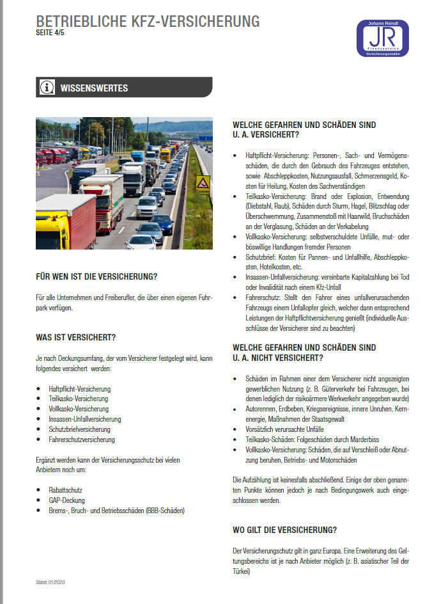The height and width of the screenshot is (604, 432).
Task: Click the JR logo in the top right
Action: point(383,38)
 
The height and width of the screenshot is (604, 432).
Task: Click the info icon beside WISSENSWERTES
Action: point(47,88)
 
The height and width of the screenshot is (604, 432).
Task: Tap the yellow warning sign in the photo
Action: point(203,184)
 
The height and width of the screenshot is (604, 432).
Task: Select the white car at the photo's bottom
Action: point(141,242)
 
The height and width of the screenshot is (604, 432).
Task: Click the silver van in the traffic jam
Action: point(148,207)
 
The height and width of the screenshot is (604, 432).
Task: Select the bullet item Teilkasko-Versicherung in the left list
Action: point(78,399)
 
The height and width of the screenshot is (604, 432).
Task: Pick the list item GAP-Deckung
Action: point(66,500)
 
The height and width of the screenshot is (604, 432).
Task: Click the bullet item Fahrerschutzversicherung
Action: point(82,440)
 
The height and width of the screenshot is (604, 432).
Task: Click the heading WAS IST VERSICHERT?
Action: point(76,337)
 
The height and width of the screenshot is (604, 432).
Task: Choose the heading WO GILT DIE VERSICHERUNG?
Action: point(285,530)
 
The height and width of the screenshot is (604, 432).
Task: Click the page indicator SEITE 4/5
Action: point(50,33)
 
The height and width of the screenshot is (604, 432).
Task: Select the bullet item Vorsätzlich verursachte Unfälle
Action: point(284,429)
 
